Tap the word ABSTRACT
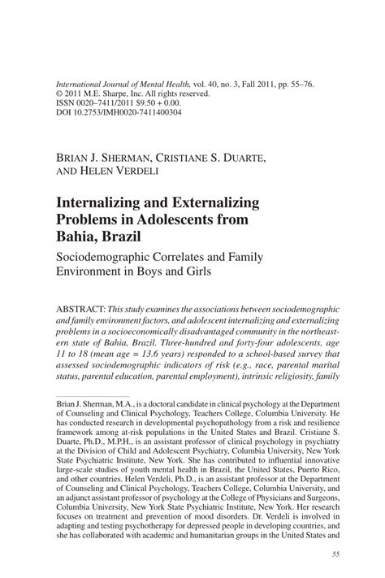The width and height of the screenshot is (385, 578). tap(81, 311)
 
